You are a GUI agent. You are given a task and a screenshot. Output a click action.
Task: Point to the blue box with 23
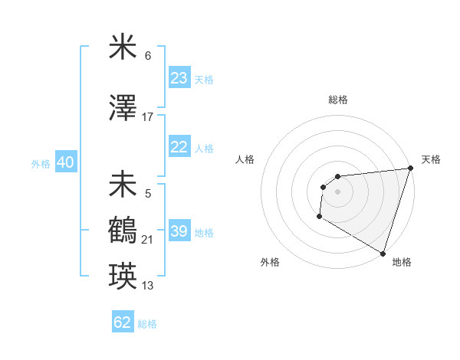tap(179, 78)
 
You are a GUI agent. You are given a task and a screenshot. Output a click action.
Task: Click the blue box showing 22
tap(179, 148)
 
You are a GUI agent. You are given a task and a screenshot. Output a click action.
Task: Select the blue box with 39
tap(179, 231)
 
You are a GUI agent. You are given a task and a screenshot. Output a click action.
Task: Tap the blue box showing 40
tap(65, 162)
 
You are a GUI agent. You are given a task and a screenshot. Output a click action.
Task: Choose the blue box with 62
tap(123, 322)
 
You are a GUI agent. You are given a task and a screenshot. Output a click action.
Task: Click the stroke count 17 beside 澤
tap(148, 116)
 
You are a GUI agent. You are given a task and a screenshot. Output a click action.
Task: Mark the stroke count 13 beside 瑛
tap(148, 286)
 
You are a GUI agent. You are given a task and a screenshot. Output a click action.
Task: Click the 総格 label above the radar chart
tap(338, 100)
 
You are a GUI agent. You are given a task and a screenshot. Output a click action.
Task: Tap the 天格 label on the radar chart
tap(431, 159)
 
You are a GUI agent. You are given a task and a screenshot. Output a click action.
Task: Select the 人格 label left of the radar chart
tap(245, 159)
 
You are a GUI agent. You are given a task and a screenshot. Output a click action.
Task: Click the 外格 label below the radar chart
tap(270, 262)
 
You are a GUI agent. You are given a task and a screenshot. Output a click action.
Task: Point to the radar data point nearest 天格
tap(410, 169)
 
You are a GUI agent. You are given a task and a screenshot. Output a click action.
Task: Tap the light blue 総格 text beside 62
tap(147, 324)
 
